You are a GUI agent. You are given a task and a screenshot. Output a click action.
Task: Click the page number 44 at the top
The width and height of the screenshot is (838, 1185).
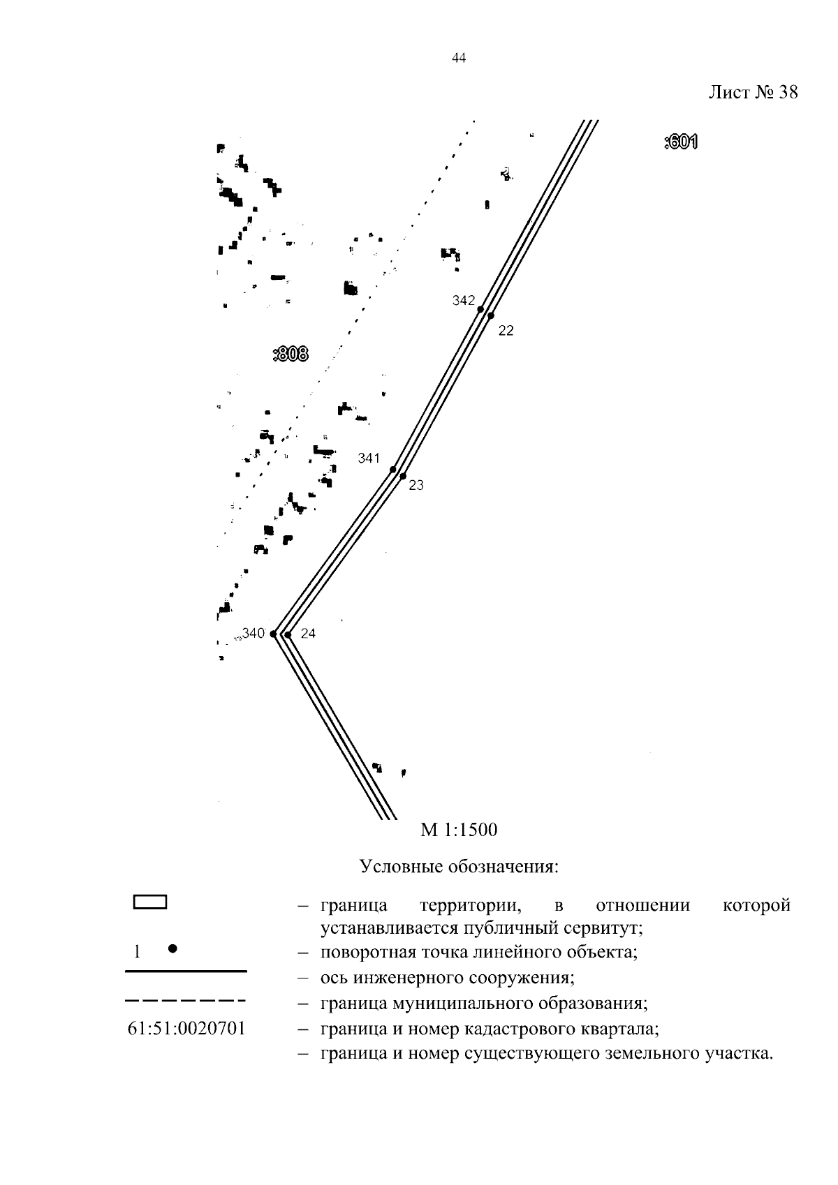tap(458, 58)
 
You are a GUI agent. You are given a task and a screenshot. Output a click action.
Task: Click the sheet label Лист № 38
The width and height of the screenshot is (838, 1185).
tap(753, 93)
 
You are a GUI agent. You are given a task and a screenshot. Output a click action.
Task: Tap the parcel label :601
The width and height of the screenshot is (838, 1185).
tap(681, 142)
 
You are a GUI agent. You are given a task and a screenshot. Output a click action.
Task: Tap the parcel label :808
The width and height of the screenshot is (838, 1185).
tap(291, 353)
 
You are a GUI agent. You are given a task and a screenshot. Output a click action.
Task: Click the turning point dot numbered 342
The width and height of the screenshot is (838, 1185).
tap(480, 309)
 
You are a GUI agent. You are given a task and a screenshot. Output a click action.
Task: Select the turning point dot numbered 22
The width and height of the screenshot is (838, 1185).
tap(491, 316)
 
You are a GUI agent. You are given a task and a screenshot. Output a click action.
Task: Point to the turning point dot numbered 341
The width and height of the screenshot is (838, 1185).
tap(392, 469)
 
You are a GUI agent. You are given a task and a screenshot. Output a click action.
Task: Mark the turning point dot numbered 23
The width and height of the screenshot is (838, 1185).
tap(403, 476)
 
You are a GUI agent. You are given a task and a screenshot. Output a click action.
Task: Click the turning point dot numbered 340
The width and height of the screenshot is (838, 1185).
tap(273, 634)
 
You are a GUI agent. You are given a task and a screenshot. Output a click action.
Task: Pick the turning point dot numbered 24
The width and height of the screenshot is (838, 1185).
tap(288, 634)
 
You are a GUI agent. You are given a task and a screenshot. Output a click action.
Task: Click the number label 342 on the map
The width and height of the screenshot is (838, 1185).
tap(464, 301)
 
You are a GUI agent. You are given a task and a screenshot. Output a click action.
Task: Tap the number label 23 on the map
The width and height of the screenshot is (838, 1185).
tap(416, 485)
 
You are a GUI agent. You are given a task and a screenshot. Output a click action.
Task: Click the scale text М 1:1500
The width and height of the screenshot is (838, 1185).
tap(459, 830)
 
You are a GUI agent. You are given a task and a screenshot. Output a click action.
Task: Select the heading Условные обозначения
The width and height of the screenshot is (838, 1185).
tap(459, 867)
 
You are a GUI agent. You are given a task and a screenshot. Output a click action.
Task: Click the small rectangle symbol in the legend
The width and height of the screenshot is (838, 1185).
tap(150, 902)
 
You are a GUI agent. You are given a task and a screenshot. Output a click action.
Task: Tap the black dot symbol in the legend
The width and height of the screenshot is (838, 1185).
tap(172, 948)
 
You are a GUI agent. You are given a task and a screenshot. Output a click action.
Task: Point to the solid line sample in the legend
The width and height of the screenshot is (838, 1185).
tap(186, 971)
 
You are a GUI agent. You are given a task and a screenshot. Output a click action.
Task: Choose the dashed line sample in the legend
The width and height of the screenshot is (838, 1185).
tap(185, 1000)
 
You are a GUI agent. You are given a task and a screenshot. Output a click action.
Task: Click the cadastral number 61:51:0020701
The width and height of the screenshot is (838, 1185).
tap(187, 1028)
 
